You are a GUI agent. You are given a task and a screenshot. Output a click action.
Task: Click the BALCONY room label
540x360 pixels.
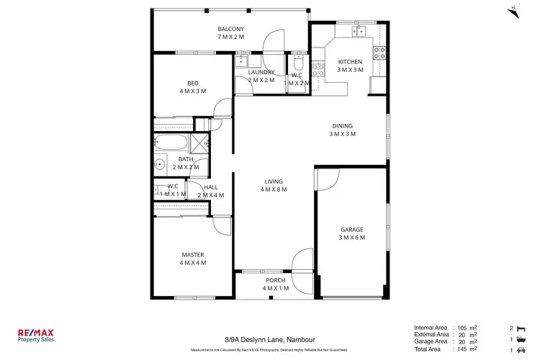click(231, 29)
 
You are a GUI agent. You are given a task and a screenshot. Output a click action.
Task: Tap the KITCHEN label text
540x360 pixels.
click(350, 62)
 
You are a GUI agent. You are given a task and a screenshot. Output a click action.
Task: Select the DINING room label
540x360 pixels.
click(342, 125)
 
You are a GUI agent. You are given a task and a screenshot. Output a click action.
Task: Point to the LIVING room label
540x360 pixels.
click(274, 181)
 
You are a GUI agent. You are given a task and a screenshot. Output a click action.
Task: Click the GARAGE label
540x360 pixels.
click(352, 230)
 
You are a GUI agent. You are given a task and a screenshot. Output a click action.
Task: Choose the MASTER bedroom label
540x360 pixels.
click(192, 254)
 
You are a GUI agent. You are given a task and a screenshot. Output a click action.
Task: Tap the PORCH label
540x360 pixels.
click(275, 280)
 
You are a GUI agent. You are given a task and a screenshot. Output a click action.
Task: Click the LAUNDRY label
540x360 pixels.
click(261, 72)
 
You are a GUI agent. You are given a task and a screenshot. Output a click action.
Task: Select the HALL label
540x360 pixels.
click(210, 187)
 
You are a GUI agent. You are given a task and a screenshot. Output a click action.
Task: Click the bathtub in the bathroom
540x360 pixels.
click(171, 142)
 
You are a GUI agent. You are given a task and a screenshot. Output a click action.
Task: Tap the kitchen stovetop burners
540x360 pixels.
click(379, 52)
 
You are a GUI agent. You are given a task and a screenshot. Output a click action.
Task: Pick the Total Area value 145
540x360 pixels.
click(461, 349)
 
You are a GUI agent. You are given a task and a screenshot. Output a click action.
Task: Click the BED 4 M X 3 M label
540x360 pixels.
click(192, 87)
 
